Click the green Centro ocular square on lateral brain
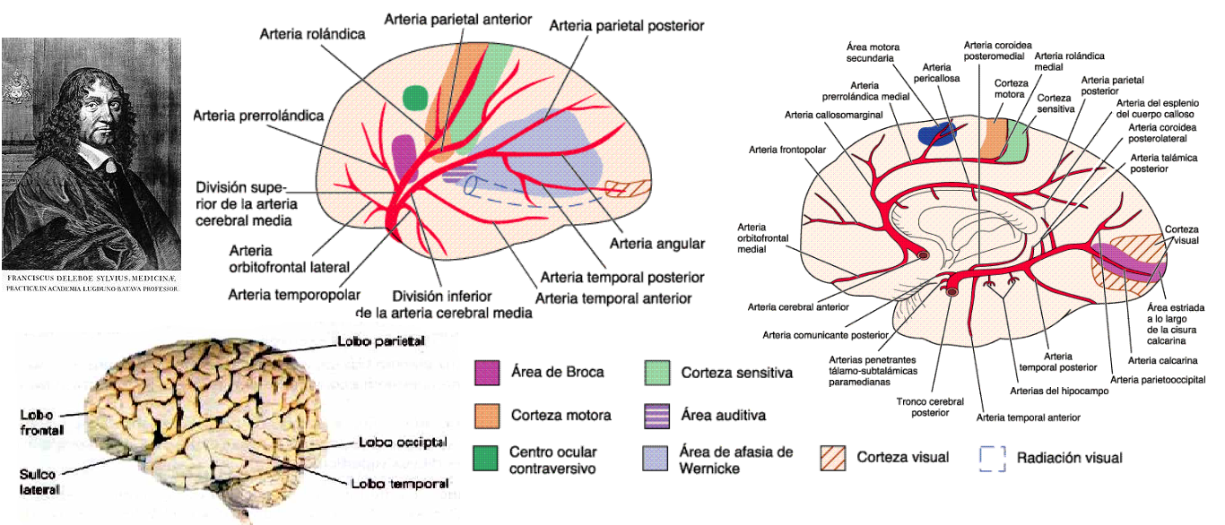click(x=415, y=95)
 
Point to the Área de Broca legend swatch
click(x=487, y=372)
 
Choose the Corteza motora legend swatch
click(x=487, y=415)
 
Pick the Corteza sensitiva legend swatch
click(x=657, y=372)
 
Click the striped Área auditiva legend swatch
click(x=657, y=415)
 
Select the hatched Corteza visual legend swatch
click(x=833, y=458)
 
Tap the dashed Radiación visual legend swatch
click(x=992, y=458)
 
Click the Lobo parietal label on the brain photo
click(x=380, y=341)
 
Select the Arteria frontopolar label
click(x=779, y=150)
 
